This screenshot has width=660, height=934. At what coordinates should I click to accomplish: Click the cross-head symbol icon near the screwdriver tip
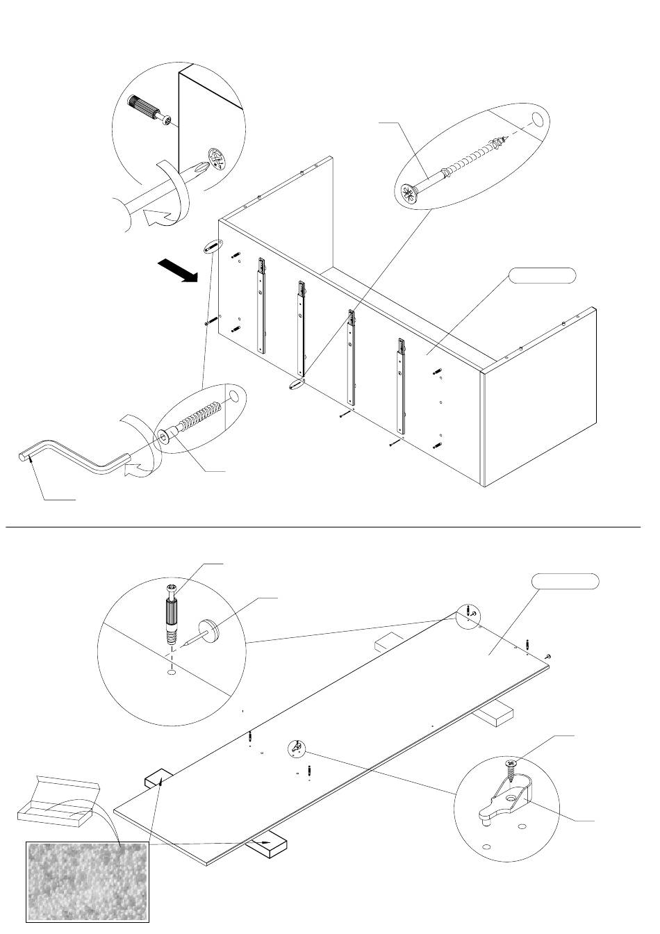pyautogui.click(x=217, y=158)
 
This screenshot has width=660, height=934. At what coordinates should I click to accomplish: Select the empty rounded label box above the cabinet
pyautogui.click(x=543, y=275)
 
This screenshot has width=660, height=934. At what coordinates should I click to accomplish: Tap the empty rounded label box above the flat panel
pyautogui.click(x=565, y=582)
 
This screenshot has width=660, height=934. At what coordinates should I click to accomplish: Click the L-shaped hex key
pyautogui.click(x=76, y=461)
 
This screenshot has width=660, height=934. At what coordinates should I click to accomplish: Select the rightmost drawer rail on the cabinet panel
pyautogui.click(x=402, y=384)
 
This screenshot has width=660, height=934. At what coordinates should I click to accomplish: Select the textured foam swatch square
pyautogui.click(x=88, y=881)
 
